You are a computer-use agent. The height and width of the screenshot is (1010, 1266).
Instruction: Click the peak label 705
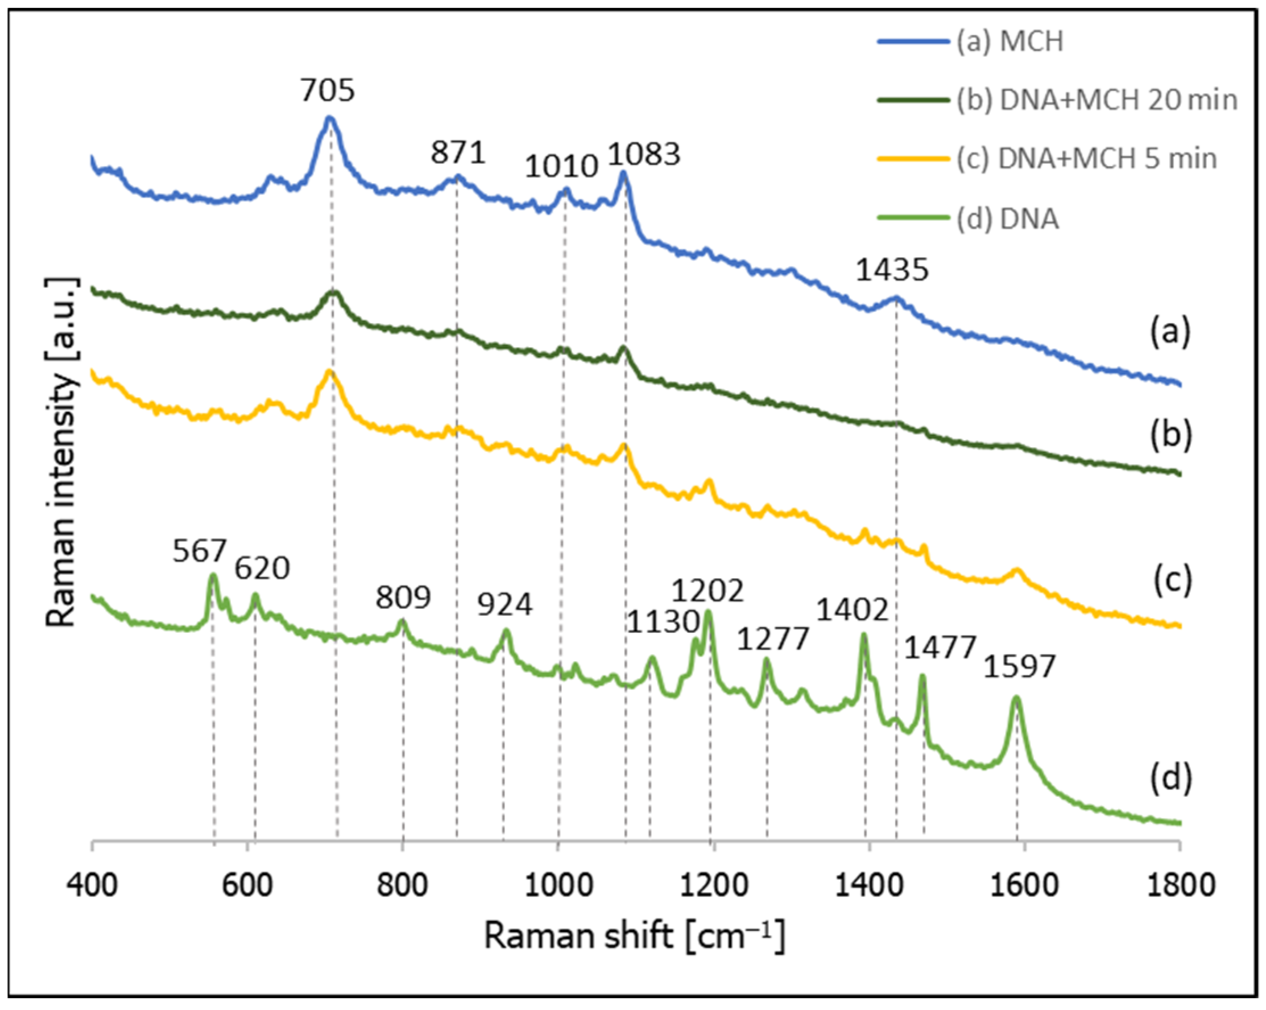(328, 90)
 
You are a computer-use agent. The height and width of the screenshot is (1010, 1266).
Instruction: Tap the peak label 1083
(644, 154)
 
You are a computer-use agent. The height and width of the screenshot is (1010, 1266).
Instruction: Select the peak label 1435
(892, 270)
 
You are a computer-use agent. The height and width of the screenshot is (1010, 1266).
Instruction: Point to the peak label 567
(199, 551)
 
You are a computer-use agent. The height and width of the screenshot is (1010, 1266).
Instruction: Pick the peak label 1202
(708, 590)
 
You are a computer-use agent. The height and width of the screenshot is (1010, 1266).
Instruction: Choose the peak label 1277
(773, 638)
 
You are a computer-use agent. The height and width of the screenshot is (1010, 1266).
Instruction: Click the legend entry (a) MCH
(1010, 42)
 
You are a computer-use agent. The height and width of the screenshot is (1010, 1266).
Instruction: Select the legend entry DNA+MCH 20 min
(1097, 101)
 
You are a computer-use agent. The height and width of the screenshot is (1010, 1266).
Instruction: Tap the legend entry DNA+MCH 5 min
(1086, 159)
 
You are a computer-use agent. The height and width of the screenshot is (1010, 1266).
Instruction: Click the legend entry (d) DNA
(1008, 219)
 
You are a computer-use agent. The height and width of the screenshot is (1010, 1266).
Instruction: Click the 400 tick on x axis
(92, 885)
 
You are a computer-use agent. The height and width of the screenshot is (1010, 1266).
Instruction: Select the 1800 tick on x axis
(1180, 885)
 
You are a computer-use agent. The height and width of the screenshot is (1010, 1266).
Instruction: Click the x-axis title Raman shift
(634, 935)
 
